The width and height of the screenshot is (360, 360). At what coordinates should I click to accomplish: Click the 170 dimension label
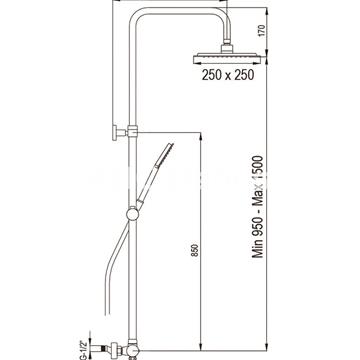click(261, 30)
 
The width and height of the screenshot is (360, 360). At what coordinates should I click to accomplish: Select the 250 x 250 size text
click(228, 75)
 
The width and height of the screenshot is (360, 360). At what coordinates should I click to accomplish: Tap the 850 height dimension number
click(196, 250)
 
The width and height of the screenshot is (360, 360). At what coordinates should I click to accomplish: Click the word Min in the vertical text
click(258, 248)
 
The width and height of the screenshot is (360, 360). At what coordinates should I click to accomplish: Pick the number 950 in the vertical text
click(258, 224)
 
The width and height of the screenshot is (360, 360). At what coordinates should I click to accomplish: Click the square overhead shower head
click(226, 58)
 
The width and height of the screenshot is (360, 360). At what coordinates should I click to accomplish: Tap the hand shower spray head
click(165, 153)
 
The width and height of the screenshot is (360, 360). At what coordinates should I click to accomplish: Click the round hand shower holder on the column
click(133, 214)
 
